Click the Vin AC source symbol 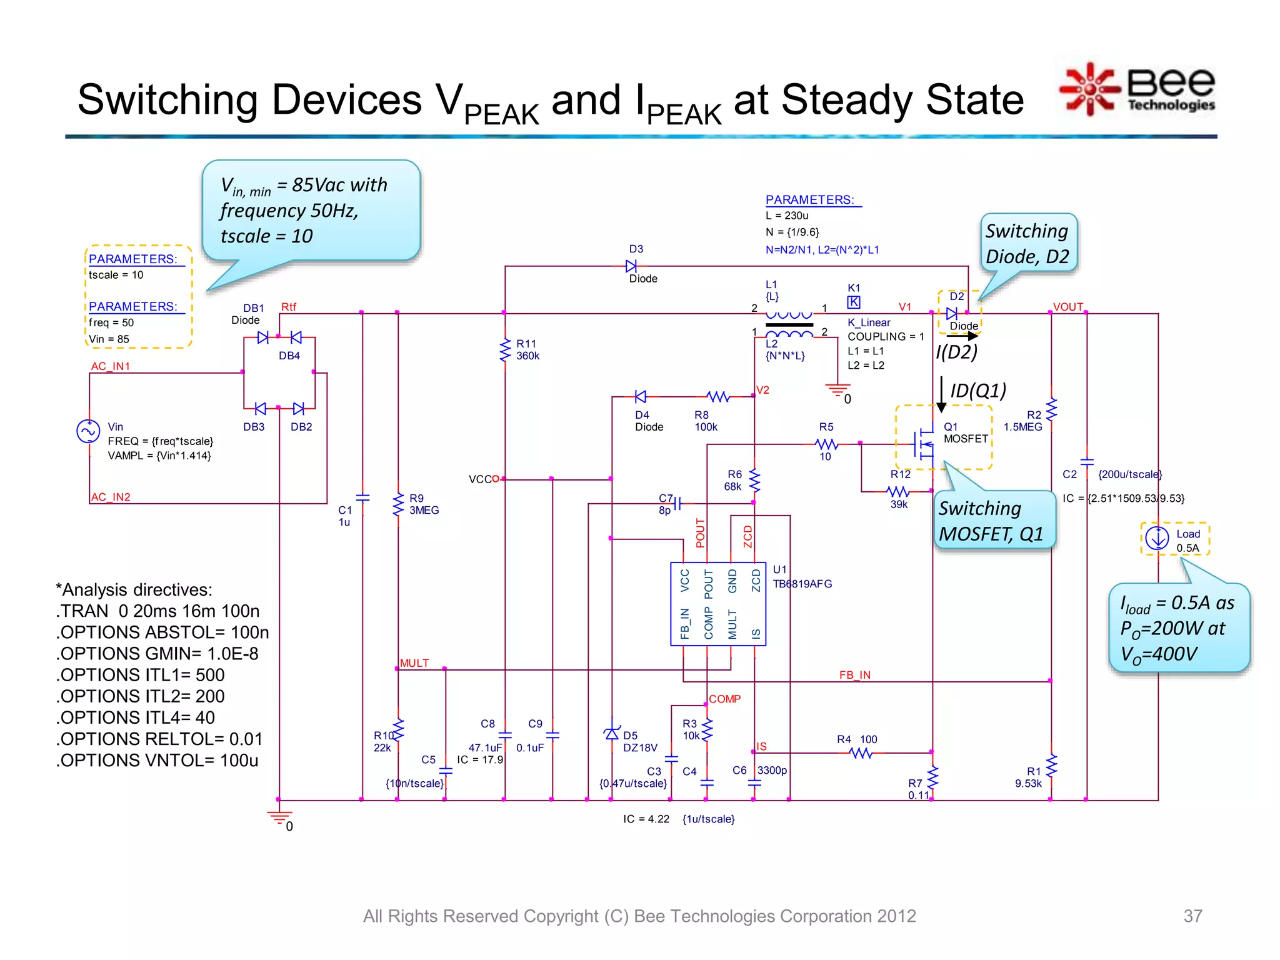pos(88,431)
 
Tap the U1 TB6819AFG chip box pos(717,604)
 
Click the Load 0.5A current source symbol pos(1157,538)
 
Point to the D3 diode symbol pos(631,266)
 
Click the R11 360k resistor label pos(527,350)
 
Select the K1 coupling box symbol pos(853,302)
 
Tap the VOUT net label pos(1067,307)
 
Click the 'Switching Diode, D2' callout pos(1027,244)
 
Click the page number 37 pos(1192,916)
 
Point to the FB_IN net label pos(854,675)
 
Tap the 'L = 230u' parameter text pos(787,216)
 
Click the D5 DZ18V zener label pos(639,742)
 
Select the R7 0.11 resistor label pos(917,789)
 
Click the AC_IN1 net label pos(111,366)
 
